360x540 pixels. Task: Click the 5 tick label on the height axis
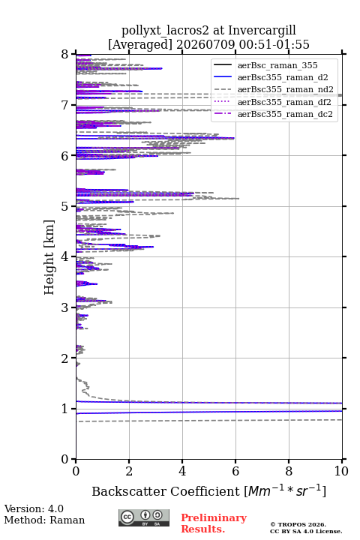click(65, 206)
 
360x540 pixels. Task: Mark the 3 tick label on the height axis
click(65, 307)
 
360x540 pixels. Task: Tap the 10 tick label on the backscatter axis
click(341, 471)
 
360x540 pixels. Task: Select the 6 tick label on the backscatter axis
click(235, 471)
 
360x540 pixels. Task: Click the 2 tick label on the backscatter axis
click(129, 471)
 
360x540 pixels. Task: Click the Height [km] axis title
click(49, 257)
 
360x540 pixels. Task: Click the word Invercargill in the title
click(262, 31)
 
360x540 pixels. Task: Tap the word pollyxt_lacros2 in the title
click(165, 31)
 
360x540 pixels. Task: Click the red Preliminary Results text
click(214, 523)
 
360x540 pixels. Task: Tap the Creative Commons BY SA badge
click(144, 517)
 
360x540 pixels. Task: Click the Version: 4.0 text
click(34, 508)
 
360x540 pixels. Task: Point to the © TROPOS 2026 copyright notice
click(298, 524)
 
